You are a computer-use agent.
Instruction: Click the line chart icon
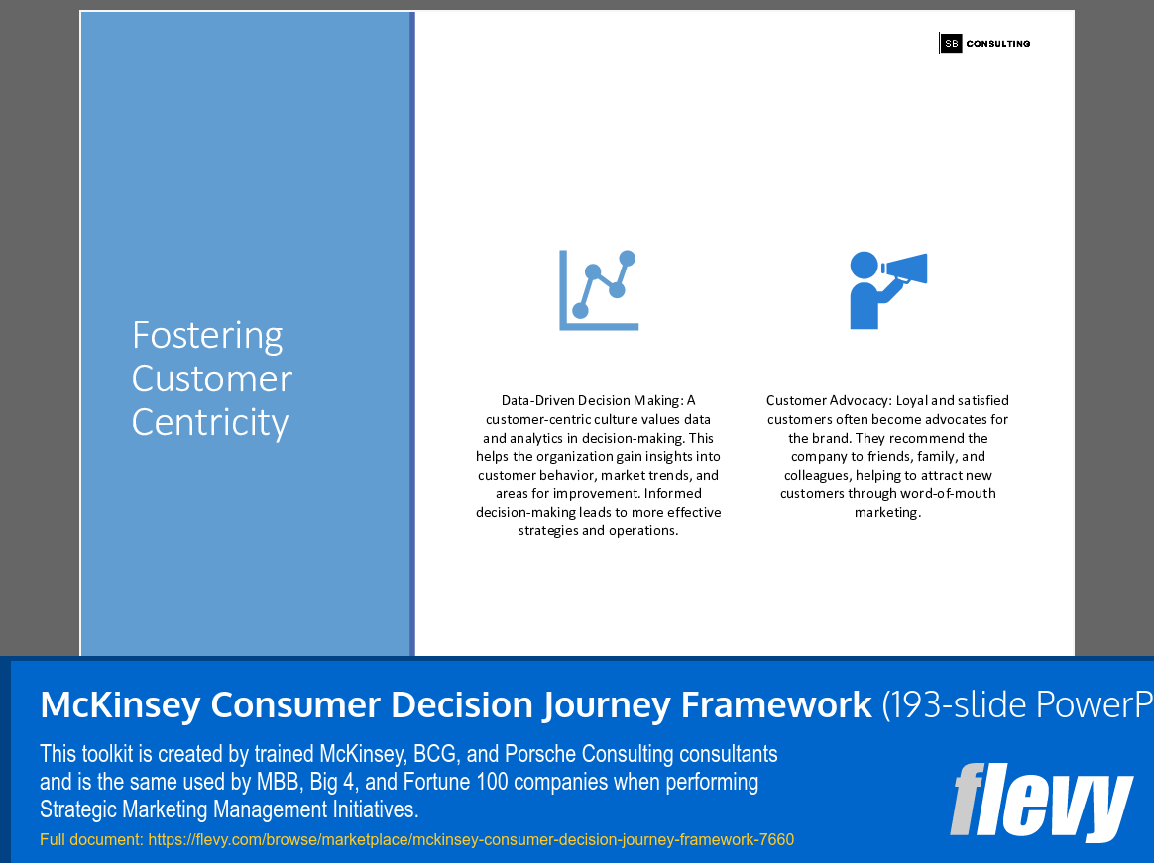(599, 289)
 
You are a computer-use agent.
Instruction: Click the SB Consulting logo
(984, 43)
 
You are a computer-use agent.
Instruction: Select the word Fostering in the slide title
(207, 335)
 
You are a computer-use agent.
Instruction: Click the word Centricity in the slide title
(210, 422)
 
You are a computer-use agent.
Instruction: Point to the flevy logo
(1041, 802)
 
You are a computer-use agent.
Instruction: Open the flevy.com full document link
(471, 840)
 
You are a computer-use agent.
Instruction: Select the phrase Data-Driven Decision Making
(590, 401)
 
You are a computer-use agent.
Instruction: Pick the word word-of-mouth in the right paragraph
(948, 493)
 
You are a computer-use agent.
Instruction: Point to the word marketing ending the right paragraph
(886, 512)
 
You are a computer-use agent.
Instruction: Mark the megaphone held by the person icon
(906, 269)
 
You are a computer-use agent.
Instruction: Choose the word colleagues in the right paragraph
(819, 476)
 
